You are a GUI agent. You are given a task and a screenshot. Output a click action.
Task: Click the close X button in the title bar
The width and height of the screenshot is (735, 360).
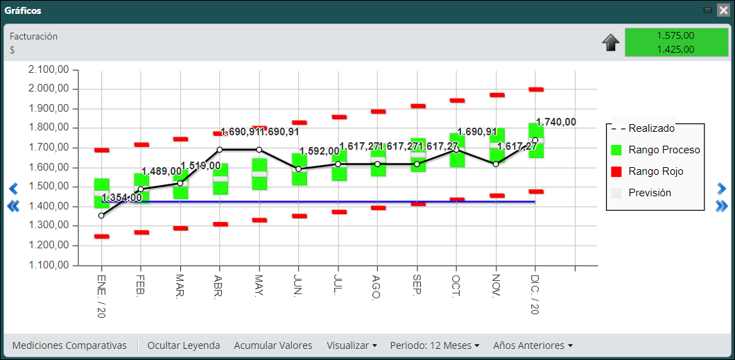click(x=723, y=10)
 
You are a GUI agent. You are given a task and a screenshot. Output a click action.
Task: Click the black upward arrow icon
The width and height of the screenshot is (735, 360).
click(x=611, y=43)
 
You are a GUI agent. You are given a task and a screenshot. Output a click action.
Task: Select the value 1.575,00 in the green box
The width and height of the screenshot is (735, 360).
click(x=675, y=35)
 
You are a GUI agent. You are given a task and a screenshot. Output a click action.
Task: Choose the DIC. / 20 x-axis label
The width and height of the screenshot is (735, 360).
click(x=535, y=294)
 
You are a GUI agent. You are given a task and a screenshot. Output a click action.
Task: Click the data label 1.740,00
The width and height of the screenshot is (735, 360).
click(x=556, y=122)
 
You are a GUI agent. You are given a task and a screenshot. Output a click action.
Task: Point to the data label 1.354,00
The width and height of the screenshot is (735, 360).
click(x=122, y=198)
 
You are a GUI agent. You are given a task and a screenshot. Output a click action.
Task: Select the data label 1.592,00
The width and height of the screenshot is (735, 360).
click(x=320, y=151)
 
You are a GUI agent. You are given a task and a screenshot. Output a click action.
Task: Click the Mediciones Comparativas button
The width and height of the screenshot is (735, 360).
click(x=69, y=345)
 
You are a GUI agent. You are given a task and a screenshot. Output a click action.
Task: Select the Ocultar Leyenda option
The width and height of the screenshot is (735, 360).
click(x=184, y=345)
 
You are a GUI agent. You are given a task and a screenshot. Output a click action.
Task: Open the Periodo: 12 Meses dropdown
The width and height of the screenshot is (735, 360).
click(x=435, y=345)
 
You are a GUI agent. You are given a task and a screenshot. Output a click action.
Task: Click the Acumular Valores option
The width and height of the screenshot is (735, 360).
click(x=273, y=345)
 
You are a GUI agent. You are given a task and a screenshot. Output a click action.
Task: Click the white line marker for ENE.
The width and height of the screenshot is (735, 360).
click(x=101, y=216)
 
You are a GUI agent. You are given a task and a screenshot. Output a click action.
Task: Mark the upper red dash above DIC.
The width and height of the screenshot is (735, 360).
click(x=536, y=89)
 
